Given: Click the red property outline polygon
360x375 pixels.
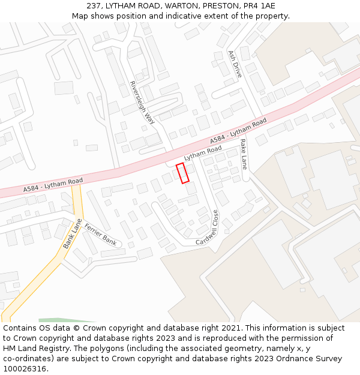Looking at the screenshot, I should pos(182,173).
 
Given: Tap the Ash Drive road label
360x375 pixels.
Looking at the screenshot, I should pos(235,64).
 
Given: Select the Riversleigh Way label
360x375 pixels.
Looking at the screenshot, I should pos(142,103).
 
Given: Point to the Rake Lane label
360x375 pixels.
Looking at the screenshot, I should pos(244,154).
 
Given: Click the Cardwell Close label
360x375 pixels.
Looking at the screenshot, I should pos(208,228).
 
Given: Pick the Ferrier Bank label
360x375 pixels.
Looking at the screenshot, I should pos(101,234).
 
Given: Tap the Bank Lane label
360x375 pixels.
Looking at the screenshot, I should pos(73,233).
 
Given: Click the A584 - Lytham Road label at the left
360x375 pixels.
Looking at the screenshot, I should pos(53,184).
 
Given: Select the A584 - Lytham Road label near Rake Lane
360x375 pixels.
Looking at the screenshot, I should pos(239,131).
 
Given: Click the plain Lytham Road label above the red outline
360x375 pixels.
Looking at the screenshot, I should pos(203,153).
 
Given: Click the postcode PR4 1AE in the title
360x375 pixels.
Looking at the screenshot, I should pos(258,6).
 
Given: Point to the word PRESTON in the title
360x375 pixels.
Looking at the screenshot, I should pos(221,6).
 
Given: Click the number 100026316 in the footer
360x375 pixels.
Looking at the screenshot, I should pos(23,369).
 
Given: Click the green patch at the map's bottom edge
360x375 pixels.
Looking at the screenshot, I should pos(66,320).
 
